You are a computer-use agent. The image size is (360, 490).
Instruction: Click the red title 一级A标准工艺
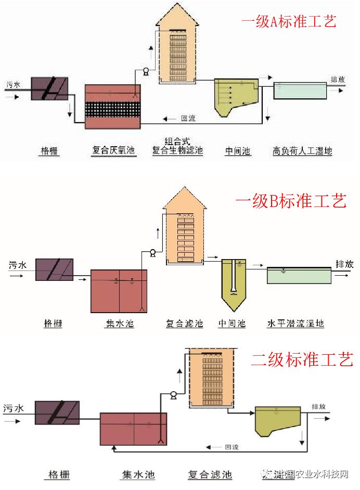click(x=288, y=22)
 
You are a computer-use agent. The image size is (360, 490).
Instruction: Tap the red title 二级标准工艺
click(x=302, y=359)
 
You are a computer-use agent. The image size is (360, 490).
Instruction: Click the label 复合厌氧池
click(x=113, y=151)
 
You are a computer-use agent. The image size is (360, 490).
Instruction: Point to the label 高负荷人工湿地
click(x=302, y=151)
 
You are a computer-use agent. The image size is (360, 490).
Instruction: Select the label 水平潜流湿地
click(x=295, y=324)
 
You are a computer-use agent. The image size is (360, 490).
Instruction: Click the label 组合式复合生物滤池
click(x=177, y=146)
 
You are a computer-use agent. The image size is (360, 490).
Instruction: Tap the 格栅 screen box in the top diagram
click(x=49, y=88)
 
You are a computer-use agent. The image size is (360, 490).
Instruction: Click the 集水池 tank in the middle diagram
click(x=119, y=291)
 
